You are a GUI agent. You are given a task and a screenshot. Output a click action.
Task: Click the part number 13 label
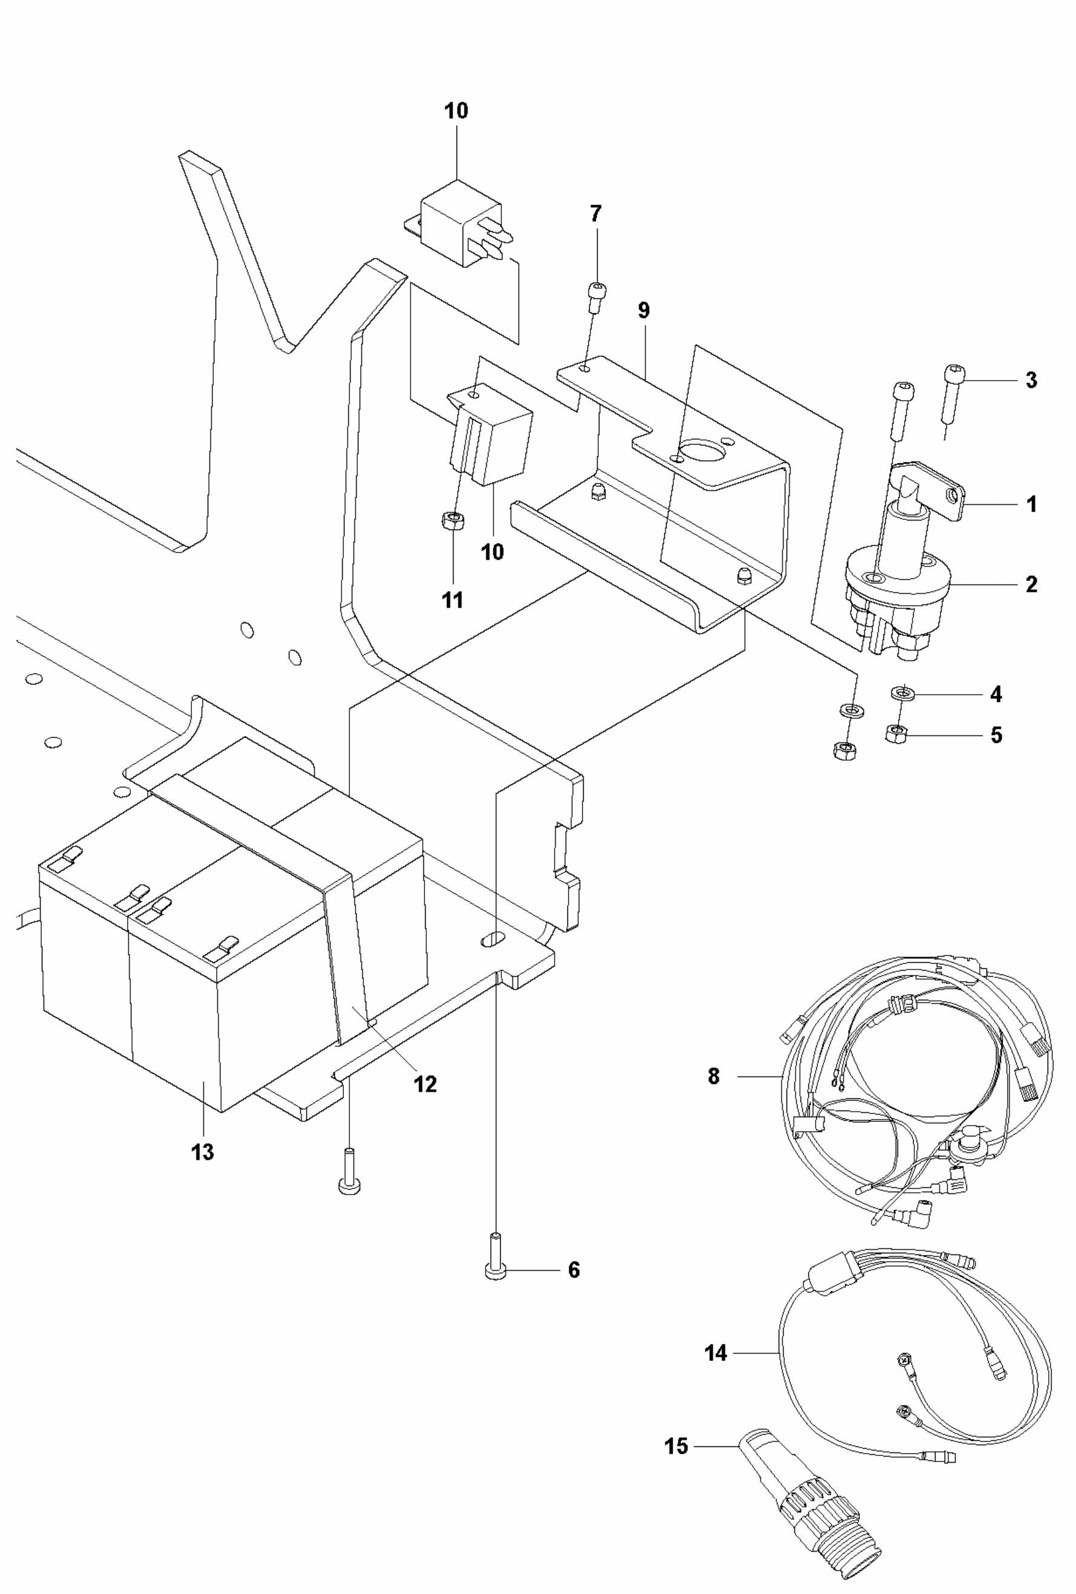click(202, 1152)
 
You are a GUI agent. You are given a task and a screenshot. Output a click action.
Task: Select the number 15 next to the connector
click(676, 1446)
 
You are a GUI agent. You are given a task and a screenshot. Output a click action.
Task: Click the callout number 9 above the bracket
click(643, 310)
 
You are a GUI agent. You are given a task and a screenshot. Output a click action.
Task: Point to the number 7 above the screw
click(596, 214)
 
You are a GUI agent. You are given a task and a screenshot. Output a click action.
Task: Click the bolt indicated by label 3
click(952, 391)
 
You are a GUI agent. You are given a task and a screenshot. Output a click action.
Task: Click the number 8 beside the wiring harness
click(714, 1076)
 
